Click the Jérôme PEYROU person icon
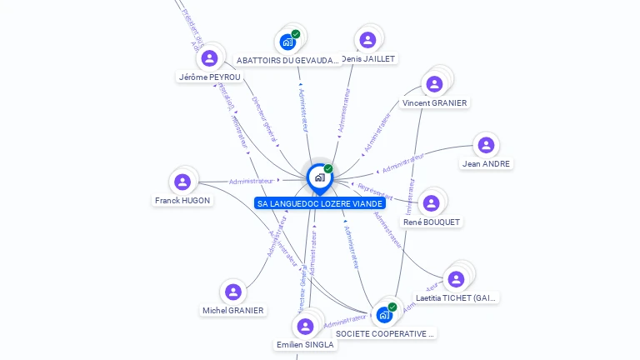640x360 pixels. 210,57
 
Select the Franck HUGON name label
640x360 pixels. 182,201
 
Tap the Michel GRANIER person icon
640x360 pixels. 233,292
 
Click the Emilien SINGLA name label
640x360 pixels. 305,344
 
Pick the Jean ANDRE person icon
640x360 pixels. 486,145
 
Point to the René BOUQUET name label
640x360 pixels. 432,222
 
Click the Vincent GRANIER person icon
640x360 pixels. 434,84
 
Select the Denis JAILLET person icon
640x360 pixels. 367,40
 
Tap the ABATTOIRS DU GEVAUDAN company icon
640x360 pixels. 287,41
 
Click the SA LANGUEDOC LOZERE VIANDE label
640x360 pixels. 320,203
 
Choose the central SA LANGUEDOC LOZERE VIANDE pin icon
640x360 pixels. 318,177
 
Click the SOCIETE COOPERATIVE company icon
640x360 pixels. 384,314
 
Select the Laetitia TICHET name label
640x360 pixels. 456,297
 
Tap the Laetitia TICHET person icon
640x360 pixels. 456,279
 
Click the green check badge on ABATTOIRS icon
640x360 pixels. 296,34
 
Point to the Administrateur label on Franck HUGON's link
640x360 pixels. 251,181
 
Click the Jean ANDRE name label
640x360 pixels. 487,164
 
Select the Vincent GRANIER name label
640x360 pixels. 434,103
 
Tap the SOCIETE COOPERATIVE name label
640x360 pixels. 385,333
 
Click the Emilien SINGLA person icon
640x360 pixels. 305,326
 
